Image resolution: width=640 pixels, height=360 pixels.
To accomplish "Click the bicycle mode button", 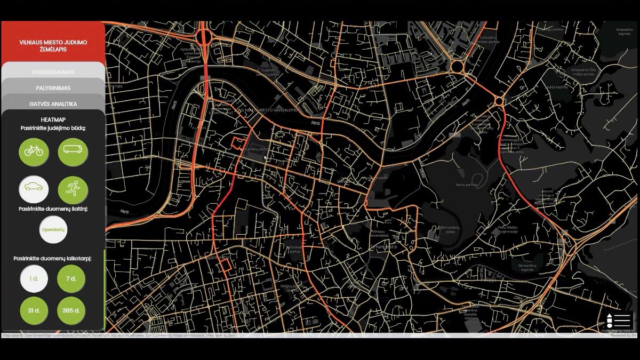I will (x=34, y=151).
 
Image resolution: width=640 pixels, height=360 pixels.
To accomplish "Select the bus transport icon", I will (x=73, y=151).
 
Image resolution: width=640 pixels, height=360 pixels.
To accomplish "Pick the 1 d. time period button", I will (x=34, y=278).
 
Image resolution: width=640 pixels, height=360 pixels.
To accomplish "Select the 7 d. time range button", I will (x=71, y=278).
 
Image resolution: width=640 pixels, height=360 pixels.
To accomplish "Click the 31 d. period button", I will (x=34, y=310).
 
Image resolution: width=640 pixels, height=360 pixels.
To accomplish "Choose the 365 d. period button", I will (x=71, y=310).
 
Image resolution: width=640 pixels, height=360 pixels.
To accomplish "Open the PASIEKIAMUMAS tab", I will (x=53, y=71).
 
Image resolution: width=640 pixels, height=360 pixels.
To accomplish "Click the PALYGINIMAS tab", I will (x=53, y=87).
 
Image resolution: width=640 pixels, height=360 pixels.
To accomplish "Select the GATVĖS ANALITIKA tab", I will (x=53, y=103).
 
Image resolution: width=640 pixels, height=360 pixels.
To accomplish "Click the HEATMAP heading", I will (x=53, y=120).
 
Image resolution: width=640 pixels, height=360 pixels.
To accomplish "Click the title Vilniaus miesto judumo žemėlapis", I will (x=53, y=45).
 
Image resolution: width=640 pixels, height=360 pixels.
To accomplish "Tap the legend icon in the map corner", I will (x=619, y=321).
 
